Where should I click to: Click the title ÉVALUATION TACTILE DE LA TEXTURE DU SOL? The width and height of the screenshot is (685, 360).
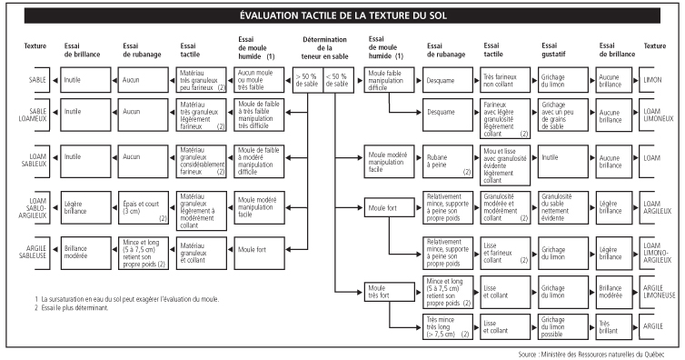(x=342, y=16)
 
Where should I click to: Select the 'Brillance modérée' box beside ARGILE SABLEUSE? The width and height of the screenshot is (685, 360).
(x=80, y=247)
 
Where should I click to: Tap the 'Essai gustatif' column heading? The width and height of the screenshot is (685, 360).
(x=554, y=49)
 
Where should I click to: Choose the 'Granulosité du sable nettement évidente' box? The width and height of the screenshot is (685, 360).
(x=554, y=205)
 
